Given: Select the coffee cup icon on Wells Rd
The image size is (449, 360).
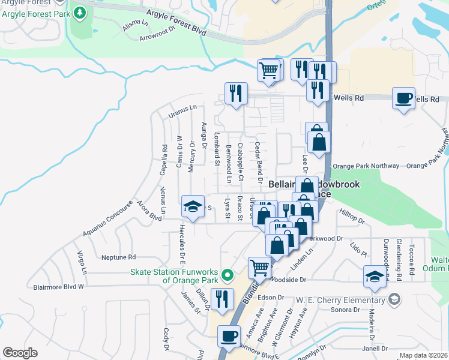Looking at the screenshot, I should (x=403, y=98).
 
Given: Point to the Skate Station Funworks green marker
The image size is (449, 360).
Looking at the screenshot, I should (x=227, y=276).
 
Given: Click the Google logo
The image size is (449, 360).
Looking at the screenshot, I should (x=20, y=353).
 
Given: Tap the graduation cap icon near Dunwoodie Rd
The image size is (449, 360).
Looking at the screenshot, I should (x=374, y=277).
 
